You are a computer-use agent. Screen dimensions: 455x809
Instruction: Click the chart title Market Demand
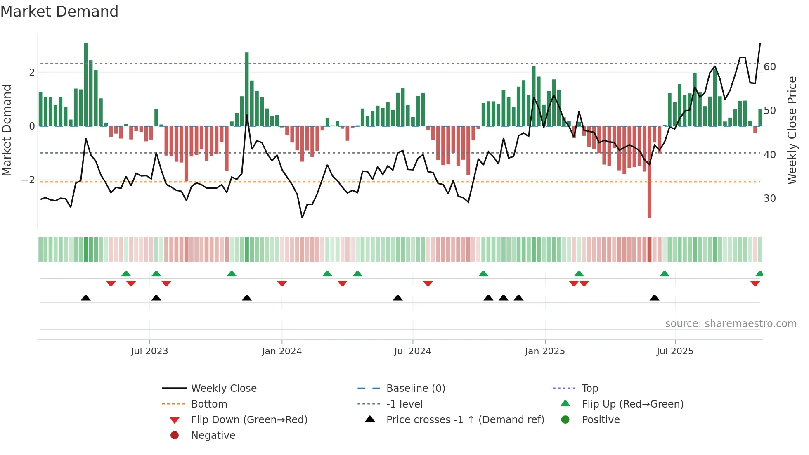(59, 11)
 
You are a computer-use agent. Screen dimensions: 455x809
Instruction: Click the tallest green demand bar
(86, 85)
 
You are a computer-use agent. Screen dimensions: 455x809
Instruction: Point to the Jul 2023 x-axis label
(149, 351)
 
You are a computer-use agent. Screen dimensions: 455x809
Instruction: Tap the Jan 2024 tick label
(282, 351)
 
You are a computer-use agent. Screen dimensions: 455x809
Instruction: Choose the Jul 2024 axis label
(413, 351)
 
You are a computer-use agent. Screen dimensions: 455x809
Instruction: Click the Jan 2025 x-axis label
(545, 351)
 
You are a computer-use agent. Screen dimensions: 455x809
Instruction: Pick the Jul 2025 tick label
(675, 351)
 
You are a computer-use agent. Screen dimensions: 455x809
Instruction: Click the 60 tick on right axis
(770, 67)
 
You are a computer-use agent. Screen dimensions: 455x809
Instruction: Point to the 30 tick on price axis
(770, 199)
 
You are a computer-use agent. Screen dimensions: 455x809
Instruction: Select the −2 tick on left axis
(28, 180)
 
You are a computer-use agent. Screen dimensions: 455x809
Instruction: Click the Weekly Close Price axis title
(792, 130)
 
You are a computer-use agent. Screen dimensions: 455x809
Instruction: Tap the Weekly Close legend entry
(224, 389)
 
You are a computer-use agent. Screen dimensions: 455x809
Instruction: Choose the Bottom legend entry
(209, 404)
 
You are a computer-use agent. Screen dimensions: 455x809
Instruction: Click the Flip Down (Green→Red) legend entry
(249, 420)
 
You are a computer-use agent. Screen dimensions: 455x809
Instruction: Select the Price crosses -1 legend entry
(465, 420)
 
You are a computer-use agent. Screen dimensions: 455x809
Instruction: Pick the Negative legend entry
(213, 436)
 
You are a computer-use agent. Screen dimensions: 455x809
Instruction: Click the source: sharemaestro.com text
(731, 324)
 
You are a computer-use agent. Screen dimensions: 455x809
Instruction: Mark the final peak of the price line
(760, 43)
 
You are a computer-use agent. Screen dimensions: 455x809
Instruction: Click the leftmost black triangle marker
(86, 298)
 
